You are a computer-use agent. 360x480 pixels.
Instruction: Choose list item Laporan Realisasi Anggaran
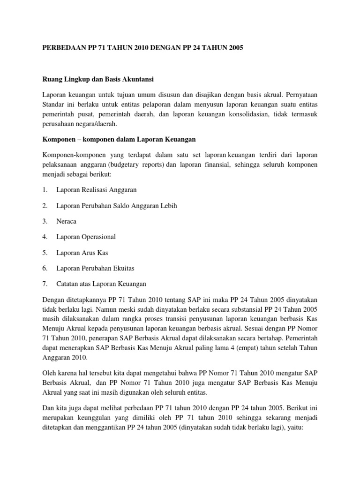click(96, 190)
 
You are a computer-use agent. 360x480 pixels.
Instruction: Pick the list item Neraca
click(67, 221)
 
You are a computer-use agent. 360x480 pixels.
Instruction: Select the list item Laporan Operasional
click(86, 237)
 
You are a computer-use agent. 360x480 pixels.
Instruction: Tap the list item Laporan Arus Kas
click(82, 252)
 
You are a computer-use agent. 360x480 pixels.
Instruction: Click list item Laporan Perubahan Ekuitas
click(95, 268)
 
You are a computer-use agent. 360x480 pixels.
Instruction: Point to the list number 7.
click(44, 284)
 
